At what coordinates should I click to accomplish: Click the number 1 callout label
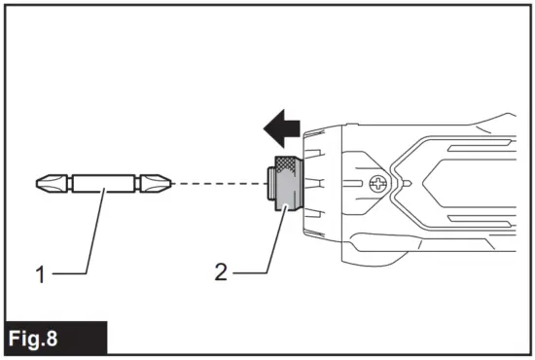[x=40, y=275]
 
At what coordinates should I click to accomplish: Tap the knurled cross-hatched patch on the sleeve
[x=287, y=163]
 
